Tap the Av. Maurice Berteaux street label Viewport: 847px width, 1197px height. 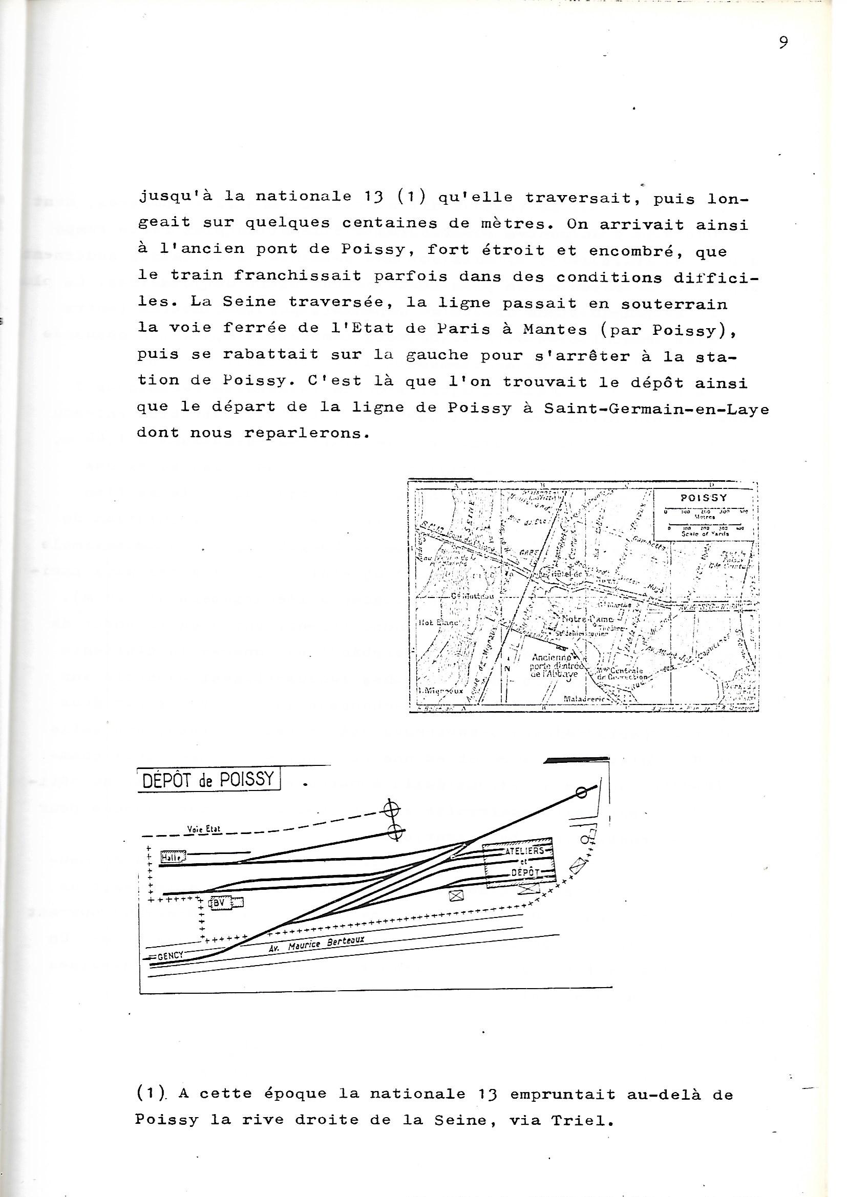(x=317, y=940)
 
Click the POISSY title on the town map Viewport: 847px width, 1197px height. (x=704, y=498)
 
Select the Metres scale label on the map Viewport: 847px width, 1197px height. (x=704, y=518)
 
